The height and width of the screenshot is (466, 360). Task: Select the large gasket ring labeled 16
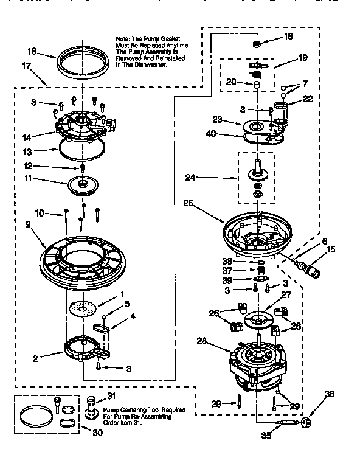(x=82, y=61)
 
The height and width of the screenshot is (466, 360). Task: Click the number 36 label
(x=330, y=394)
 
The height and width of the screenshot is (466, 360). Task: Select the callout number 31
(x=111, y=396)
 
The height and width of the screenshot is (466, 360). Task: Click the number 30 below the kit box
(x=98, y=433)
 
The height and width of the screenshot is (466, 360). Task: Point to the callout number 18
(x=288, y=37)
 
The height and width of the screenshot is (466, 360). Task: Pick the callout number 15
(x=331, y=249)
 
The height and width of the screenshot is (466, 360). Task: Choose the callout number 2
(x=36, y=358)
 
